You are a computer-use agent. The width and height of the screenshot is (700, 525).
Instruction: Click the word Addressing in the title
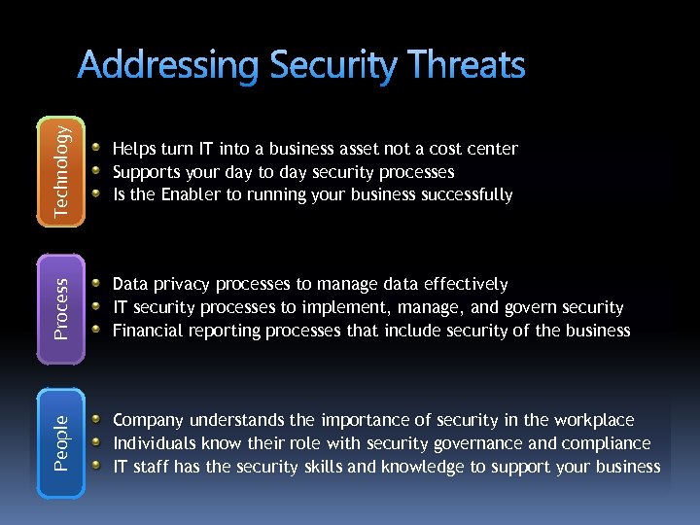pyautogui.click(x=169, y=66)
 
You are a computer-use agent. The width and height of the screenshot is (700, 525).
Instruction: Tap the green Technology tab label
pyautogui.click(x=61, y=173)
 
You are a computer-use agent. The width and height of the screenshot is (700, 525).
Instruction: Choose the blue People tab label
pyautogui.click(x=61, y=443)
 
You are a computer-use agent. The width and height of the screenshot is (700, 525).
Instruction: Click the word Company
pyautogui.click(x=149, y=420)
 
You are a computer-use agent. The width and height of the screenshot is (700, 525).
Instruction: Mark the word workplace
pyautogui.click(x=593, y=420)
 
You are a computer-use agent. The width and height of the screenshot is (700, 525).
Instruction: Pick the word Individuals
pyautogui.click(x=154, y=443)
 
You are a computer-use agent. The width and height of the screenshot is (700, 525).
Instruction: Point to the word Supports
pyautogui.click(x=145, y=172)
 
